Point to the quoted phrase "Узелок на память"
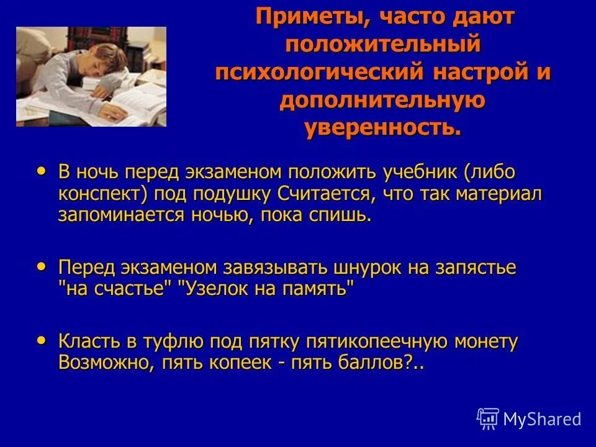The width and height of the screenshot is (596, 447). (270, 289)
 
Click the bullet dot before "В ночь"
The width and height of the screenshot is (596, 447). (42, 169)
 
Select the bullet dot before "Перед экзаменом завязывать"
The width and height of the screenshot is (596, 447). (42, 265)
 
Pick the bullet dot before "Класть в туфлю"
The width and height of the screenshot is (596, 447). (42, 339)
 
